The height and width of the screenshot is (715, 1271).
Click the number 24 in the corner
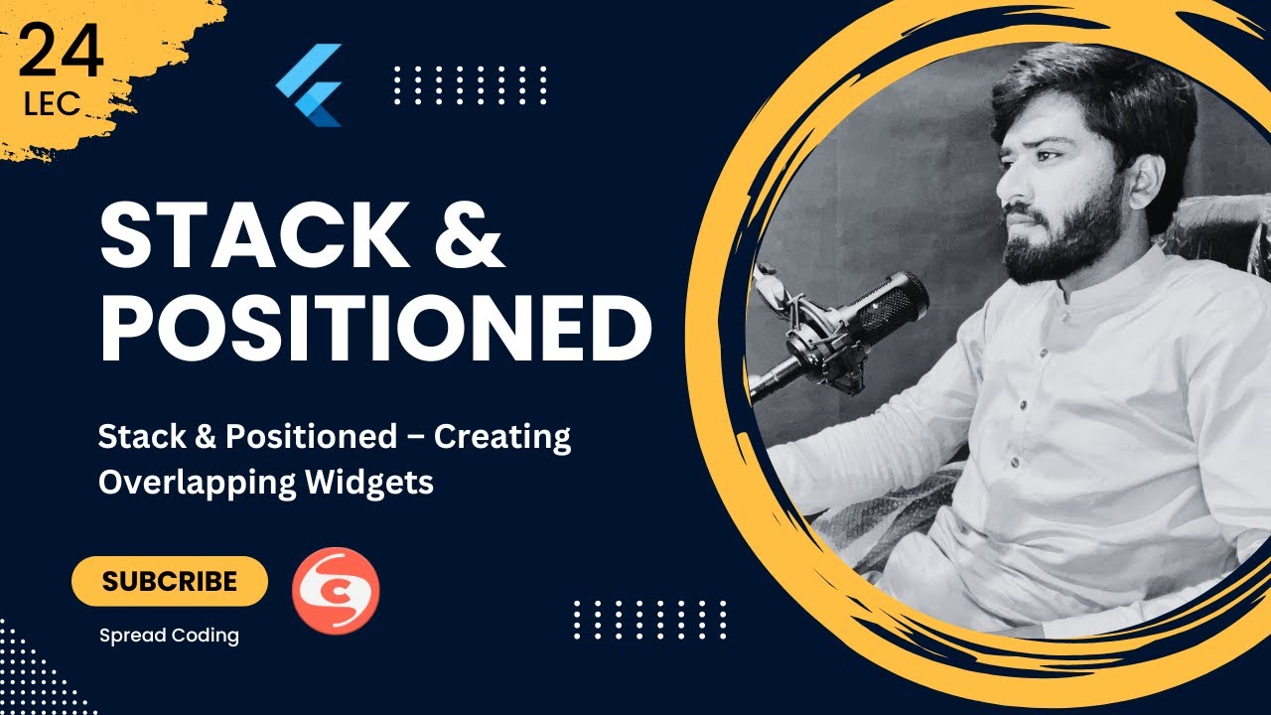[61, 55]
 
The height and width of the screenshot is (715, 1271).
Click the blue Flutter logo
[310, 84]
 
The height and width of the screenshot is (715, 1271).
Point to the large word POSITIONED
[375, 327]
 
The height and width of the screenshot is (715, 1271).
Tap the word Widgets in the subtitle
[368, 482]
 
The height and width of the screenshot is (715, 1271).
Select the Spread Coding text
[169, 636]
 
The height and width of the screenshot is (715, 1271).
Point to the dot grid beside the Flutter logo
[470, 85]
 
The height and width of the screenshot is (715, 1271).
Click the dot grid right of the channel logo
[650, 620]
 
